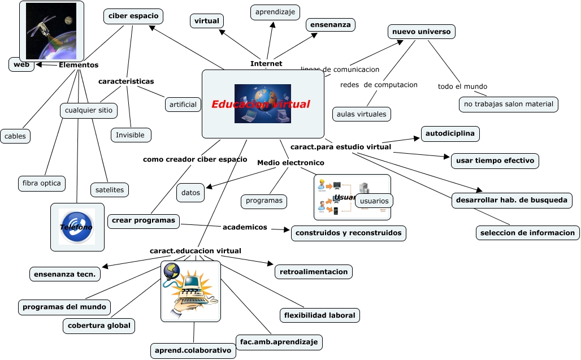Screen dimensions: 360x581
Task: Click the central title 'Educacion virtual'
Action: point(261,105)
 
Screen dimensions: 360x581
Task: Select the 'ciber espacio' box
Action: point(133,16)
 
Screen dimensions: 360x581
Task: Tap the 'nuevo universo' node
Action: point(422,32)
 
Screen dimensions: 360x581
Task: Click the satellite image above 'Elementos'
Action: point(51,31)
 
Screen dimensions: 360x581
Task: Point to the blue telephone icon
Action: point(77,227)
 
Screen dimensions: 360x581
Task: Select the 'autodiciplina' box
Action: point(450,134)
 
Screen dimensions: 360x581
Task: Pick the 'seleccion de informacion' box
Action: point(527,232)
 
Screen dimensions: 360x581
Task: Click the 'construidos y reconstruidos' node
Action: point(349,233)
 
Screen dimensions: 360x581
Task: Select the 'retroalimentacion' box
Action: point(314,272)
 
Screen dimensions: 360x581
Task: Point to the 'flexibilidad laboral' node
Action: point(320,315)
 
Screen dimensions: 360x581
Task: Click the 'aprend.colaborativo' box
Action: point(193,350)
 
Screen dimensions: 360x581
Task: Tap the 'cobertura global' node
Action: point(99,326)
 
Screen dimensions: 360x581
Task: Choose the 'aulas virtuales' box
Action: point(362,114)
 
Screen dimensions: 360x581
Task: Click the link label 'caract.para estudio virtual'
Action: point(341,147)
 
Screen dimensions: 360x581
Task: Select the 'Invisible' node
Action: point(131,135)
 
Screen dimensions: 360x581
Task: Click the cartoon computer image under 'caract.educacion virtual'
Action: point(190,291)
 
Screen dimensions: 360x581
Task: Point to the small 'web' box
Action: point(21,64)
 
